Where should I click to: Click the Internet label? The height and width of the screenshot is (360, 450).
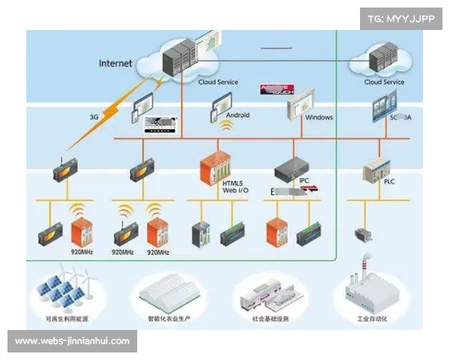tap(115, 63)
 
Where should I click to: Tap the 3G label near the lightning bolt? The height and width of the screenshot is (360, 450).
tap(94, 117)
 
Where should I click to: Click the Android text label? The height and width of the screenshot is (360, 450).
tap(238, 115)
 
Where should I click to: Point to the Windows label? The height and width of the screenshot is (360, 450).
tap(319, 117)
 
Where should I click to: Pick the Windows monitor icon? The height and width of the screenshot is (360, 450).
tap(303, 100)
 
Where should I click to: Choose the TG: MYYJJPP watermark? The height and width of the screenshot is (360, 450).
tap(401, 18)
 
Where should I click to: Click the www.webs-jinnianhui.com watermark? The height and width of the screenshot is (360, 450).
tap(72, 341)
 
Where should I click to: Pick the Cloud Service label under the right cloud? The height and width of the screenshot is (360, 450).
tap(384, 82)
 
